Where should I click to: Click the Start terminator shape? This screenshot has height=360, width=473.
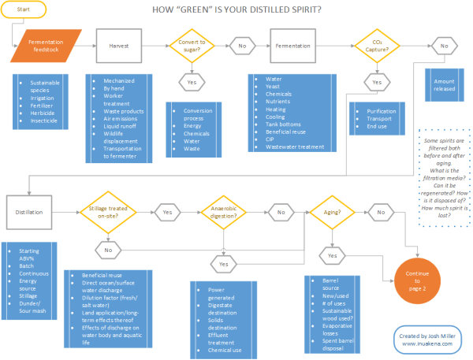23,9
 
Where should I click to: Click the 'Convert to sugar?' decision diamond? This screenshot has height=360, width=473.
192,46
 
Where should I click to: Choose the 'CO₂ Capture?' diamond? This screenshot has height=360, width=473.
375,46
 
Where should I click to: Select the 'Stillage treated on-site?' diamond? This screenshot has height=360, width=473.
106,211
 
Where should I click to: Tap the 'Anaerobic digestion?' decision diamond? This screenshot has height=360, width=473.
223,211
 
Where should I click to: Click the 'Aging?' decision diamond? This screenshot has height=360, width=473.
331,211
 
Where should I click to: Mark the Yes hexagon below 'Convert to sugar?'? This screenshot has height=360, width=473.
192,82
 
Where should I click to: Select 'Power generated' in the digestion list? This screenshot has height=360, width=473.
223,294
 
